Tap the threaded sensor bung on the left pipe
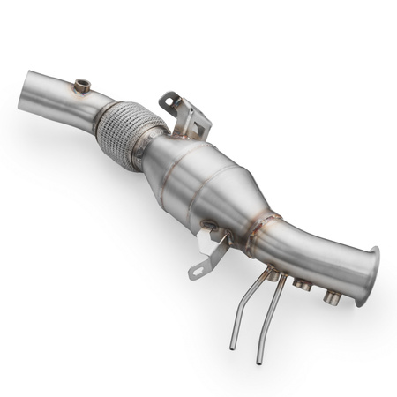(82, 86)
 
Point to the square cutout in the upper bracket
(191, 116)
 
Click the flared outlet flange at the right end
(367, 276)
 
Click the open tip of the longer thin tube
(260, 360)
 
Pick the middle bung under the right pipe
(303, 285)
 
